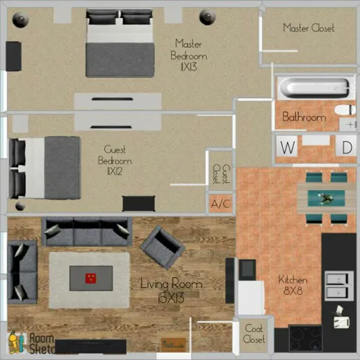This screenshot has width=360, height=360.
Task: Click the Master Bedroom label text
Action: (x=189, y=55)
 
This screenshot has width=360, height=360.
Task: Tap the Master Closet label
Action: (x=308, y=28)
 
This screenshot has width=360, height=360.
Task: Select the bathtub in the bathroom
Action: (x=306, y=89)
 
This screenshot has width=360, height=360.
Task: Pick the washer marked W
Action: (x=288, y=148)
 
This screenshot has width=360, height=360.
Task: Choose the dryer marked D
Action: (x=347, y=148)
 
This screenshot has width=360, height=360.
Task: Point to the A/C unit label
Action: (x=220, y=204)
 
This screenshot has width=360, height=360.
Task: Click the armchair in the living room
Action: (x=163, y=247)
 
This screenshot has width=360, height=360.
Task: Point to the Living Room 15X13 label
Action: (x=170, y=289)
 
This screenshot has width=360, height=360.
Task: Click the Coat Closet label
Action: (x=253, y=333)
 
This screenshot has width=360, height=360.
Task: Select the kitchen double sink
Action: (x=336, y=285)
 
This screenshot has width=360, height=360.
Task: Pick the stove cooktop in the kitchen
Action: (x=306, y=338)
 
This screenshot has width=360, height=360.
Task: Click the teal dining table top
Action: (x=320, y=197)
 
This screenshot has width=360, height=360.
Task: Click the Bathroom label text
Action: (x=304, y=116)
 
